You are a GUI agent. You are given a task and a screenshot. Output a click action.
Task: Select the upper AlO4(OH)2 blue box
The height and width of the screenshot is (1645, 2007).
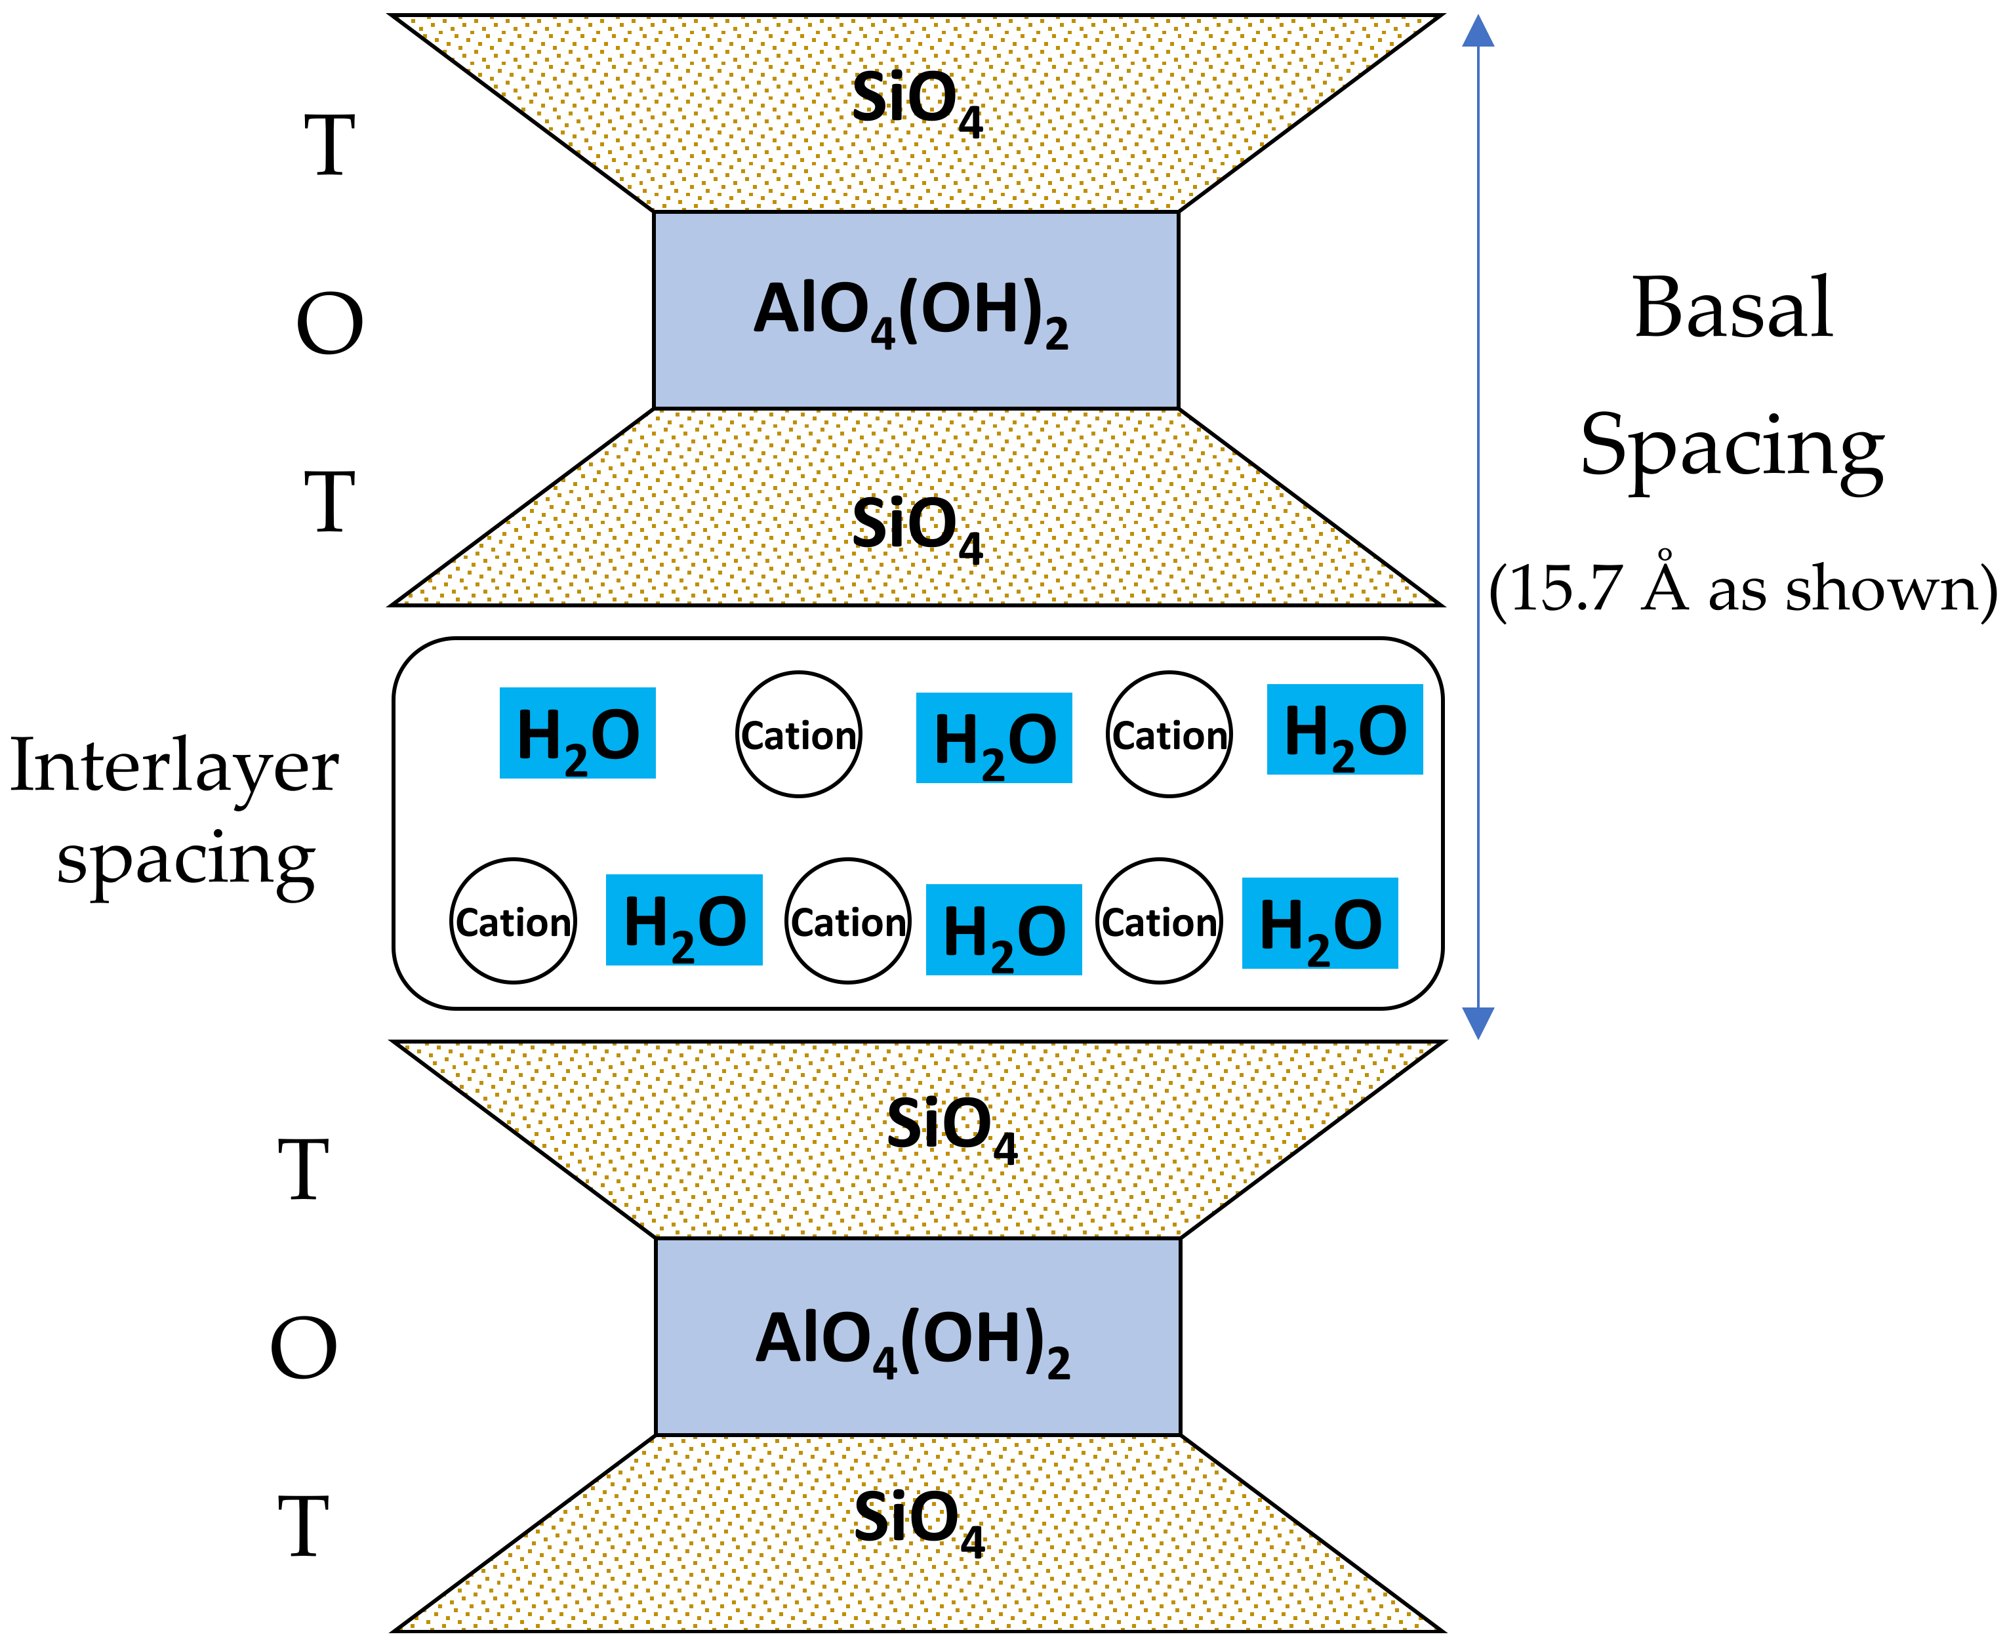click(916, 310)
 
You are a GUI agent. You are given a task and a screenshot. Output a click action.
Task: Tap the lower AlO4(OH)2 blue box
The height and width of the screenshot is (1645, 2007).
click(918, 1336)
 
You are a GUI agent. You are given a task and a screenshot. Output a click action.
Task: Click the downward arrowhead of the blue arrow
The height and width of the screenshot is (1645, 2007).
click(1477, 1023)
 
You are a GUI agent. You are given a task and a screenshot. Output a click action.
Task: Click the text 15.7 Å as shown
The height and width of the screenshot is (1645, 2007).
click(1741, 588)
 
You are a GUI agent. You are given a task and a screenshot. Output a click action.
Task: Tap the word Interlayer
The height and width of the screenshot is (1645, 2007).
click(174, 765)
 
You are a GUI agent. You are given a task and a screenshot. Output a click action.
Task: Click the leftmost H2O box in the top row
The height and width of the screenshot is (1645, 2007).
click(577, 733)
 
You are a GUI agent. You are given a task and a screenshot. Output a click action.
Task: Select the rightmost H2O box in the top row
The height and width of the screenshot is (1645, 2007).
click(1344, 729)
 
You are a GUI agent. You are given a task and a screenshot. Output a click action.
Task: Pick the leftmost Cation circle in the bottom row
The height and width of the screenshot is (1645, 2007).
click(513, 921)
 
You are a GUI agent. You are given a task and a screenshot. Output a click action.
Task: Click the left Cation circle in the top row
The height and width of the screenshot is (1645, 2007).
click(799, 735)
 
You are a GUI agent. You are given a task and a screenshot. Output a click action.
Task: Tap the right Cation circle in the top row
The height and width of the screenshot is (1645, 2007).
click(1169, 735)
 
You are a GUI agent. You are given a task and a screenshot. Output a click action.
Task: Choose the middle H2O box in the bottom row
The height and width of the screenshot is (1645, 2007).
click(1003, 929)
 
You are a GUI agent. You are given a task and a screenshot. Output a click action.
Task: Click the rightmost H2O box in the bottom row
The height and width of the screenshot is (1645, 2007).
click(1319, 923)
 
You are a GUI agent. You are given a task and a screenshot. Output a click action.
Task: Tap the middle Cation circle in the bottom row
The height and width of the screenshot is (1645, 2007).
click(847, 921)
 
